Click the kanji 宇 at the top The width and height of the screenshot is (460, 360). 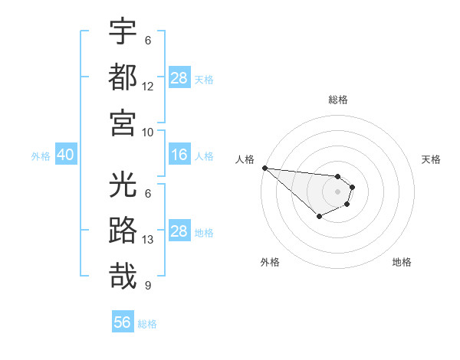tap(123, 32)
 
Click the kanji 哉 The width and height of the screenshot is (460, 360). tap(123, 276)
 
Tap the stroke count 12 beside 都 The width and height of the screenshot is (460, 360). tap(148, 87)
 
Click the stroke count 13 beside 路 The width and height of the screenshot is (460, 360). tap(148, 240)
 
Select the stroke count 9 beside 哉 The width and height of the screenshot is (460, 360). tap(148, 286)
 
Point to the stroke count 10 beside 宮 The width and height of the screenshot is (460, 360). tap(148, 132)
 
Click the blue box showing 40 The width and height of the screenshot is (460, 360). tap(65, 155)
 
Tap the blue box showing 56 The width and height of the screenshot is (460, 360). tap(123, 322)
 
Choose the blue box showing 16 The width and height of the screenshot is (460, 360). tap(179, 155)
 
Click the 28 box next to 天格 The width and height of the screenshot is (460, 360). tap(179, 78)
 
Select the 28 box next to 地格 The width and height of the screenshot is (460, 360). tap(179, 231)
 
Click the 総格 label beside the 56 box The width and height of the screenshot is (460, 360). tap(147, 324)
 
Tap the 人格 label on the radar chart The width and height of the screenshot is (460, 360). tap(244, 159)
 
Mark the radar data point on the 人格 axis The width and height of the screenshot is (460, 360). tap(264, 168)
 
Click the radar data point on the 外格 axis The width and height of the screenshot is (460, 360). tap(319, 218)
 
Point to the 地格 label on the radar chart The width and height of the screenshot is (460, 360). tap(402, 262)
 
